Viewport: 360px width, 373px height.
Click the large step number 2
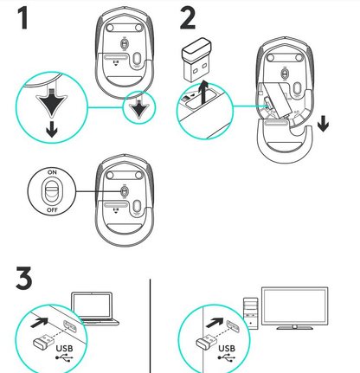pyautogui.click(x=194, y=18)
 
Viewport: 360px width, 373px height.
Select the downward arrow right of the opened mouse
pyautogui.click(x=323, y=124)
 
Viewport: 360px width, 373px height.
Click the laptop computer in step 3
pyautogui.click(x=93, y=309)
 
